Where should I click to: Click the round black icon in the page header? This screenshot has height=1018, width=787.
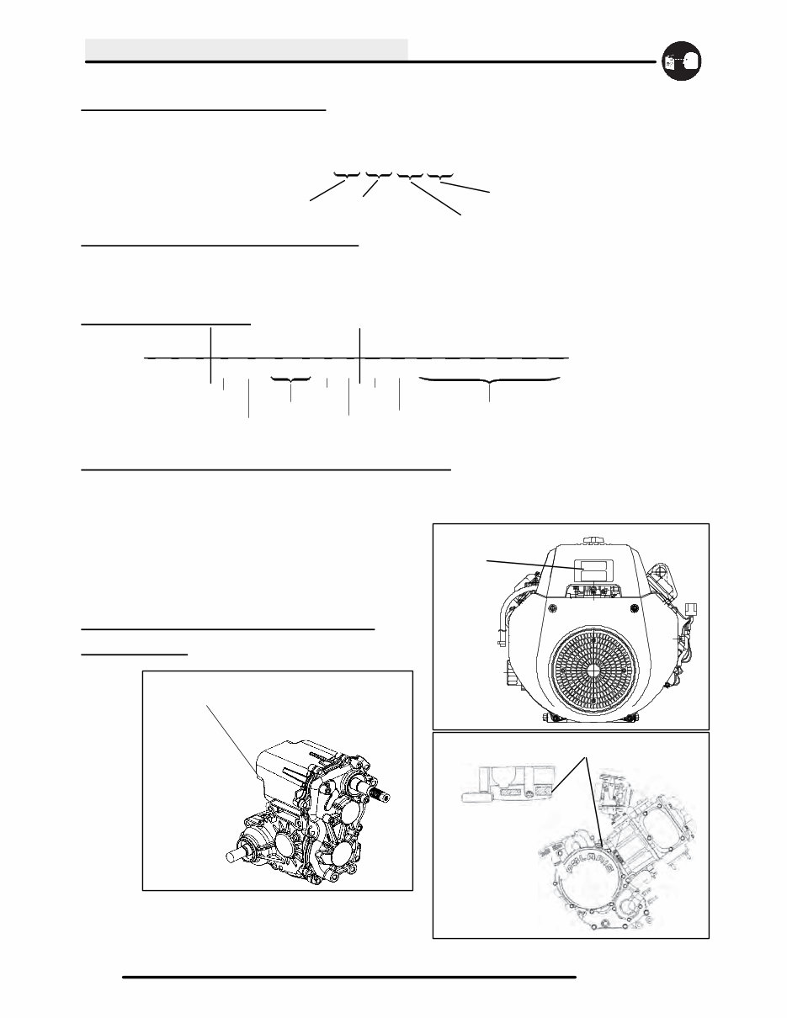[x=682, y=61]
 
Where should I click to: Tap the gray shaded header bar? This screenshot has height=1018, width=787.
[x=247, y=49]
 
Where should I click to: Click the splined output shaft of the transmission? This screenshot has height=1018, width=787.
[x=380, y=793]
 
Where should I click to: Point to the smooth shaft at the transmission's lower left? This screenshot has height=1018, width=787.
[x=241, y=854]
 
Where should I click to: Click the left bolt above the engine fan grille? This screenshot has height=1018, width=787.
[x=552, y=607]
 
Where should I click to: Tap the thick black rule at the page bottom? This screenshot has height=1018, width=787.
[x=349, y=978]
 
